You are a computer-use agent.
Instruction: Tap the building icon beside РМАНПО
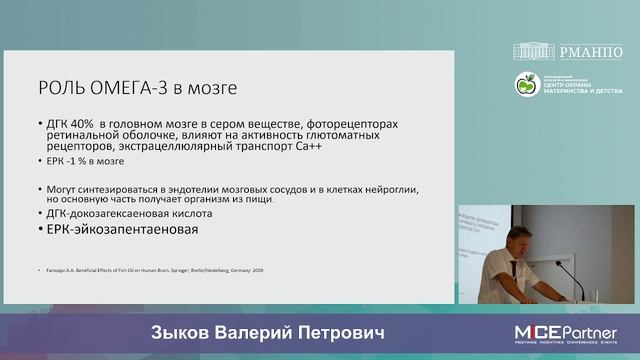point(539,51)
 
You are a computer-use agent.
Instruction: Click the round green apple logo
point(526,85)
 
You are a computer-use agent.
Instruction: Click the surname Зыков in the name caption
point(181,331)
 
